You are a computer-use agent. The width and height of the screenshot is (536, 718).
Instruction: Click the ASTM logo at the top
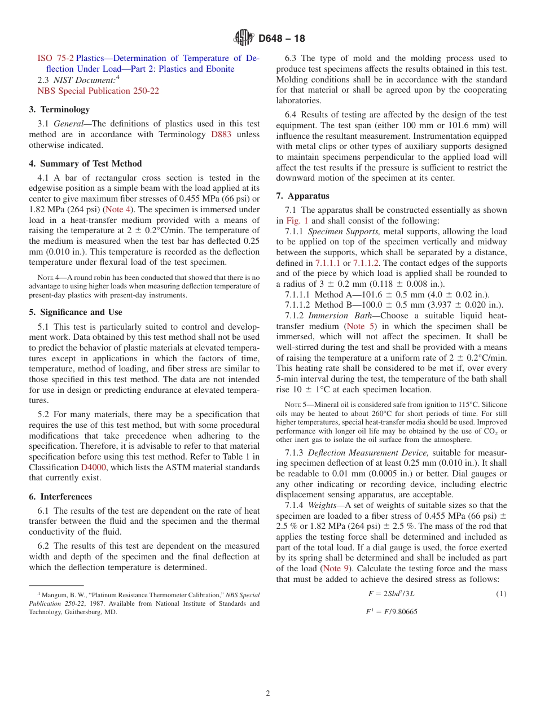click(244, 38)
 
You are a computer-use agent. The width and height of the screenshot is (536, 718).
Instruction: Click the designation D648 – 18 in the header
click(282, 39)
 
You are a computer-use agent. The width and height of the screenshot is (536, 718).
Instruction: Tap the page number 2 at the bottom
click(268, 694)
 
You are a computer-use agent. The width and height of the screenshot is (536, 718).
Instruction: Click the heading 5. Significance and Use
click(76, 312)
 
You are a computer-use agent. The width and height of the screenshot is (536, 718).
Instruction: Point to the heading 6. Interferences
click(60, 497)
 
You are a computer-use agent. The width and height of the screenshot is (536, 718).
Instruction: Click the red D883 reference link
click(221, 134)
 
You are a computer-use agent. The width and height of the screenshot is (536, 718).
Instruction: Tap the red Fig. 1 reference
click(297, 221)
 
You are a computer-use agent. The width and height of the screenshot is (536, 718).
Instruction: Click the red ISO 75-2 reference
click(55, 58)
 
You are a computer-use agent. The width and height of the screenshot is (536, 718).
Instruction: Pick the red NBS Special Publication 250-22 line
click(98, 90)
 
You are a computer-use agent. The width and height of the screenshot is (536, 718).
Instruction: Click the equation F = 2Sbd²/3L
click(391, 594)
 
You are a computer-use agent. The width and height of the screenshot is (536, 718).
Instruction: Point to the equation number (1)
click(501, 594)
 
